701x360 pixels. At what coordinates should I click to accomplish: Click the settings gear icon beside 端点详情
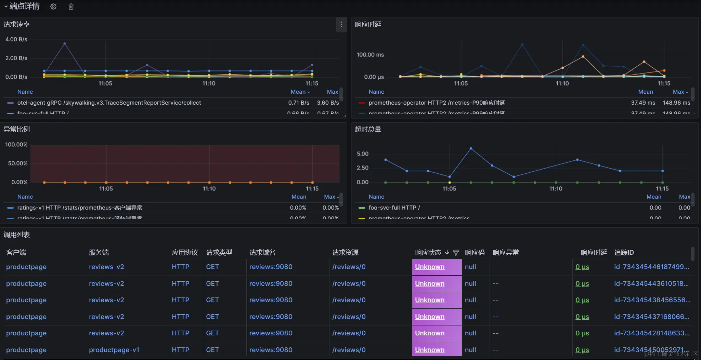[x=53, y=6]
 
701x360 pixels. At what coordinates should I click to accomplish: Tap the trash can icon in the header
[x=71, y=6]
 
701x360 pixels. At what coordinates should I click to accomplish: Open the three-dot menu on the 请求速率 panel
[x=341, y=25]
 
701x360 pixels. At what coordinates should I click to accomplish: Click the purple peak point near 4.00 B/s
[x=65, y=44]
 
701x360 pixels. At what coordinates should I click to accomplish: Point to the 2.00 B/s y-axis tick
[x=16, y=58]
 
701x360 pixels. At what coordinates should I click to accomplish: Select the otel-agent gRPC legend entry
[x=109, y=103]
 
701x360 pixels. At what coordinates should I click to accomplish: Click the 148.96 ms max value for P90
[x=676, y=103]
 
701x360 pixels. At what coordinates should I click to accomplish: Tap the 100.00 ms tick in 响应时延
[x=370, y=55]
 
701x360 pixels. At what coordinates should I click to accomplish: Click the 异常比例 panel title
[x=17, y=129]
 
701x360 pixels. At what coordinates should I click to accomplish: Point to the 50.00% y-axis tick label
[x=18, y=163]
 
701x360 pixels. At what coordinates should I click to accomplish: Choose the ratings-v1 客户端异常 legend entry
[x=79, y=208]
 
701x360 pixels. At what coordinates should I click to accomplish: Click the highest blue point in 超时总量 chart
[x=471, y=148]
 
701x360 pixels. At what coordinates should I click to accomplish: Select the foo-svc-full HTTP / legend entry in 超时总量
[x=394, y=208]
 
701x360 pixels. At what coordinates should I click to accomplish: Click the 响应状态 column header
[x=428, y=253]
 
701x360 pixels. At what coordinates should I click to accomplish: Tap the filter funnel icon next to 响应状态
[x=456, y=253]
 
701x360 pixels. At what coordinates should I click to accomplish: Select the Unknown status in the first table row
[x=430, y=267]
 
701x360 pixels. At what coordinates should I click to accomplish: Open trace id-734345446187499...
[x=651, y=267]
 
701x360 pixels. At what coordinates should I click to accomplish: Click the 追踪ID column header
[x=624, y=253]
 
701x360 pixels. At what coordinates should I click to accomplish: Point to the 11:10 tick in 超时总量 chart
[x=556, y=189]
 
